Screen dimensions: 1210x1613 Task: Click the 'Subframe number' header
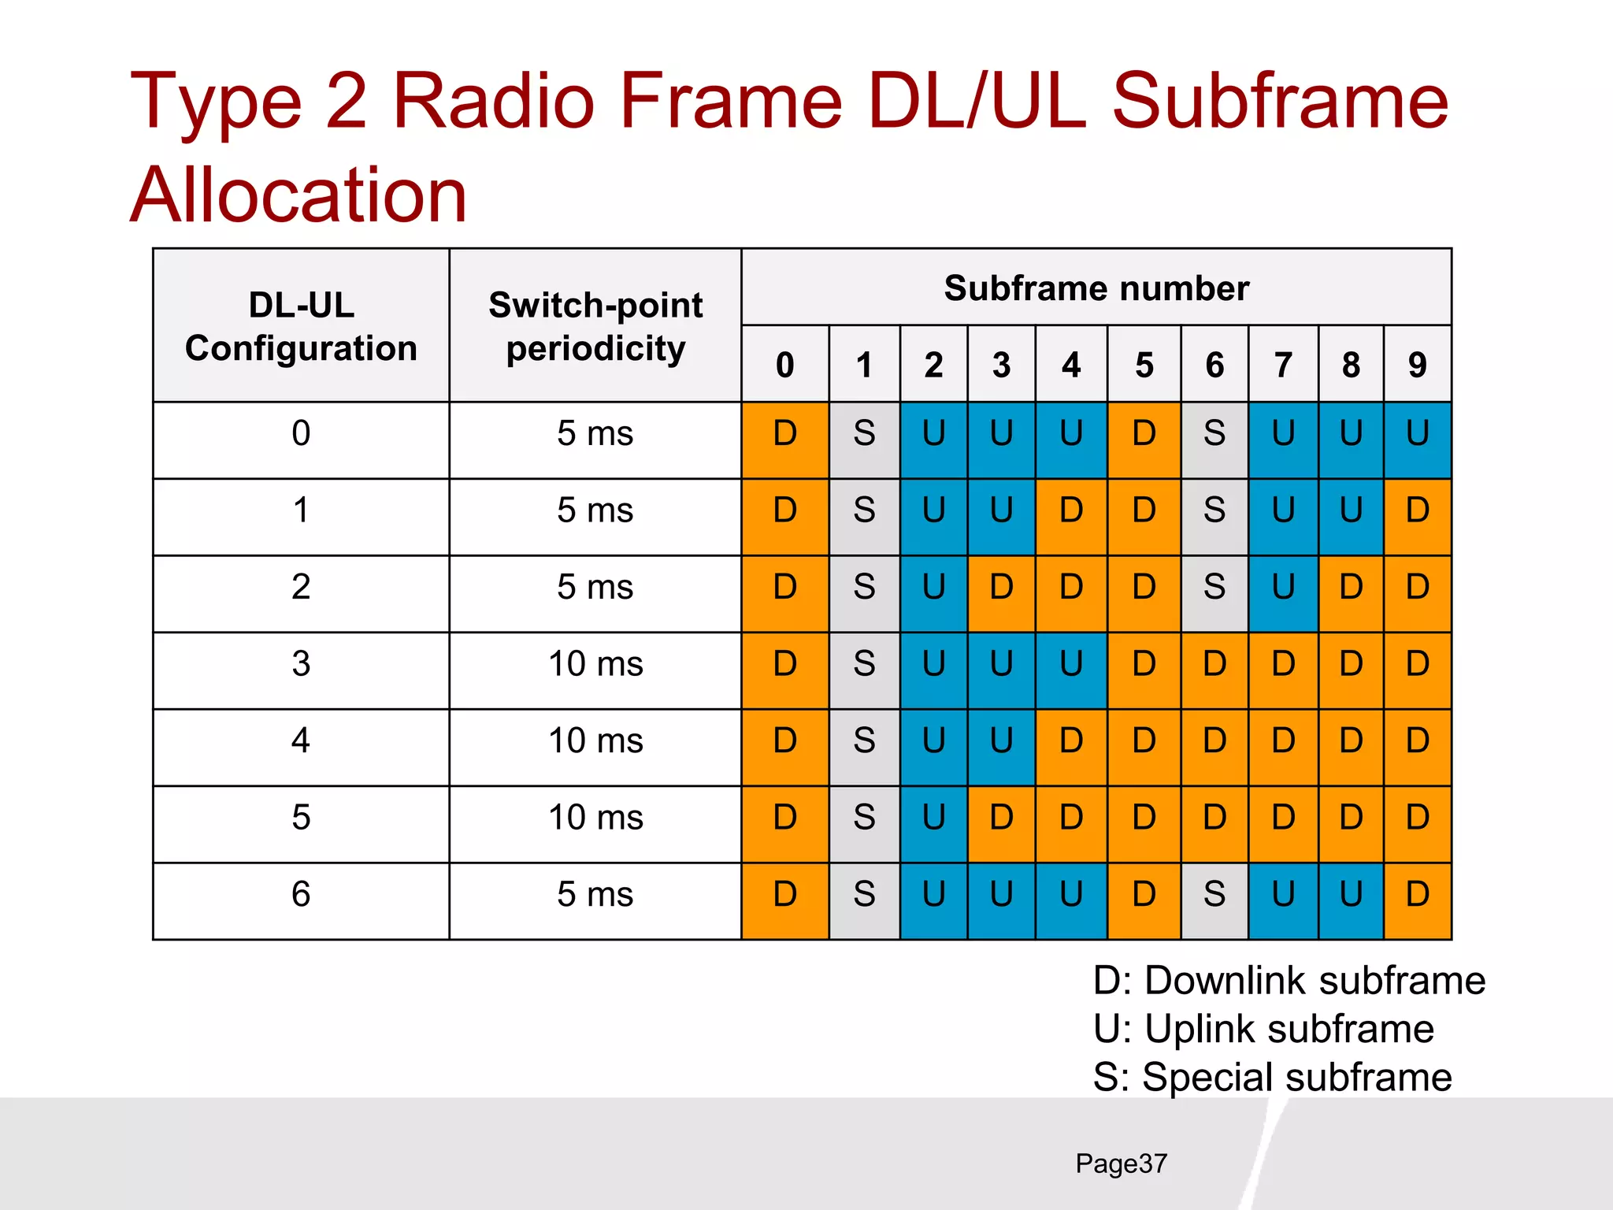pyautogui.click(x=1096, y=288)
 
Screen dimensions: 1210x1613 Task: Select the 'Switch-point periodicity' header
pyautogui.click(x=595, y=326)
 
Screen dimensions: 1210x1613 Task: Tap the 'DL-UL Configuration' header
pyautogui.click(x=301, y=326)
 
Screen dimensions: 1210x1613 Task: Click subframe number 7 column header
pyautogui.click(x=1283, y=365)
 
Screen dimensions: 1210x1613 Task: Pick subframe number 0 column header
pyautogui.click(x=784, y=365)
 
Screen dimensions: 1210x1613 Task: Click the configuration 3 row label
pyautogui.click(x=301, y=663)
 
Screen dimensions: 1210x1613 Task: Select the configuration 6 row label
pyautogui.click(x=301, y=894)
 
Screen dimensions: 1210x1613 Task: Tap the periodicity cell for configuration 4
pyautogui.click(x=595, y=740)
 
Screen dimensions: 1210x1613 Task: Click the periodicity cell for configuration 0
pyautogui.click(x=595, y=433)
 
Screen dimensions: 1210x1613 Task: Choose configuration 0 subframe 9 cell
pyautogui.click(x=1417, y=433)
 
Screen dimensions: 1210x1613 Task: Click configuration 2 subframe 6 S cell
pyautogui.click(x=1214, y=587)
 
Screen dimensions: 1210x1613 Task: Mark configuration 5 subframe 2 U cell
pyautogui.click(x=933, y=818)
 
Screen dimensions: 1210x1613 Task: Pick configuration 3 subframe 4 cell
pyautogui.click(x=1071, y=663)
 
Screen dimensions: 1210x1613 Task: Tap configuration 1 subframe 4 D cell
pyautogui.click(x=1071, y=510)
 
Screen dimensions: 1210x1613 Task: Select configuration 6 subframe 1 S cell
pyautogui.click(x=864, y=894)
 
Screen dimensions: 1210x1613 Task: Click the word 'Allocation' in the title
pyautogui.click(x=299, y=195)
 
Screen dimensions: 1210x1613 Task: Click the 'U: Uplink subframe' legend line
pyautogui.click(x=1263, y=1029)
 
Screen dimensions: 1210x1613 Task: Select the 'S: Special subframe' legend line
pyautogui.click(x=1272, y=1077)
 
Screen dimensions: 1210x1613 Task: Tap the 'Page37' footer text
pyautogui.click(x=1121, y=1164)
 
